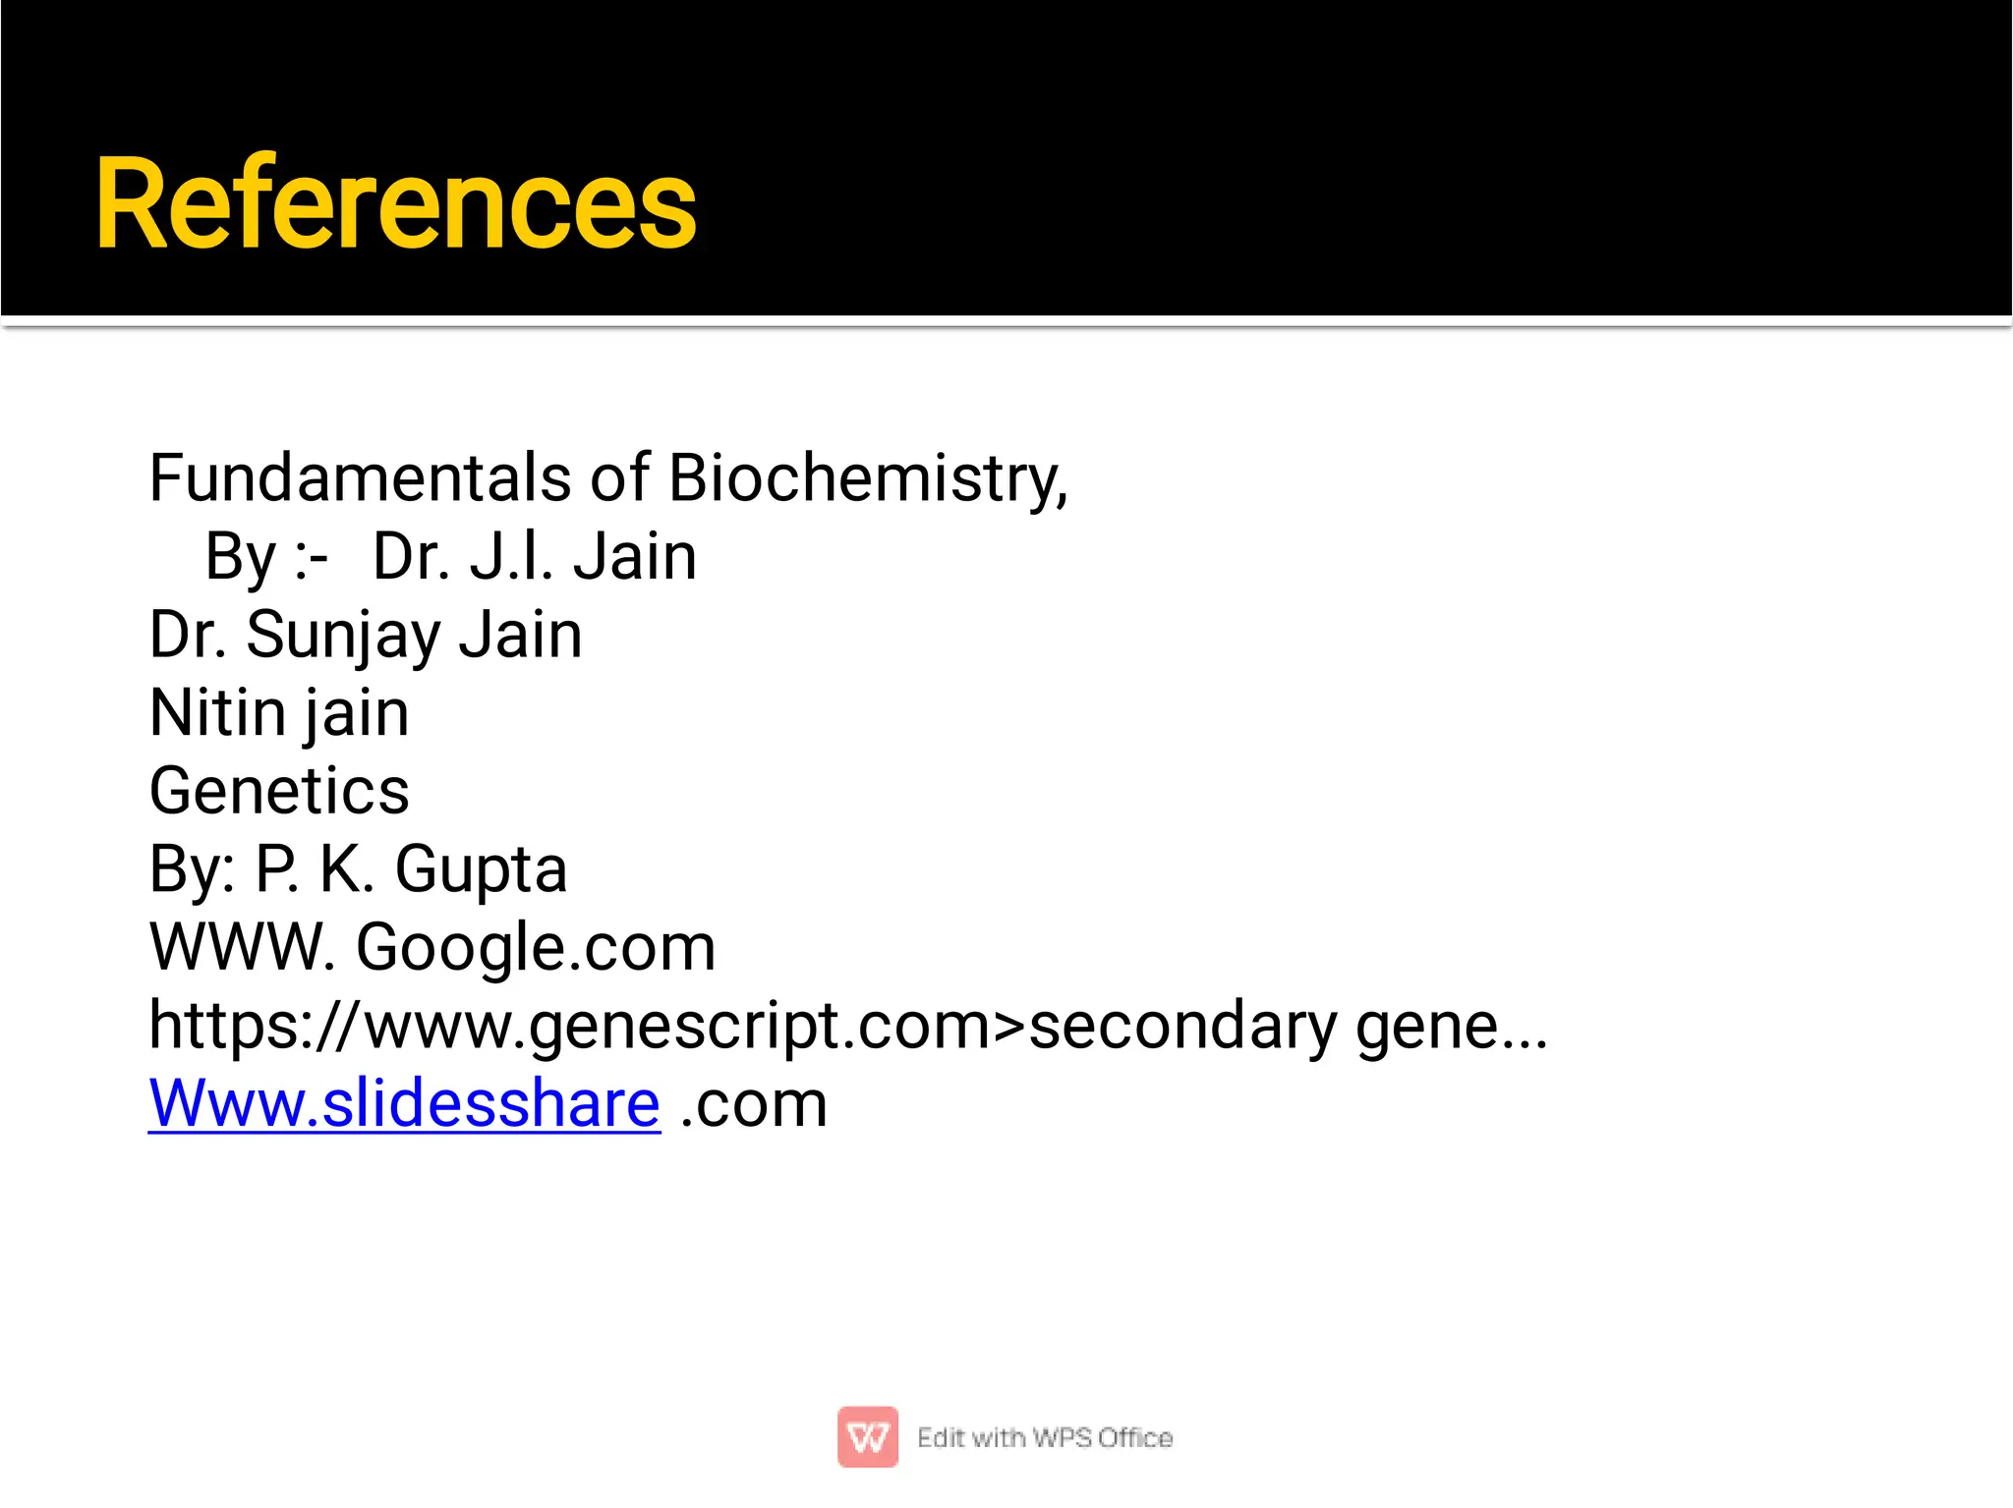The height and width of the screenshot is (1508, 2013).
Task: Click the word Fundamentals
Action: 360,478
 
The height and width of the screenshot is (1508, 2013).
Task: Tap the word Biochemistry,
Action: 867,478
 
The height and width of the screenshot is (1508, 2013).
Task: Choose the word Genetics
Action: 279,791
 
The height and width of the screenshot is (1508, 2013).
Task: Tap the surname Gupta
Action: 481,869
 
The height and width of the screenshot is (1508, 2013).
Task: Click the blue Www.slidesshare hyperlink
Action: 404,1103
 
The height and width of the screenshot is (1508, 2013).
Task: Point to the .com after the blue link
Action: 754,1104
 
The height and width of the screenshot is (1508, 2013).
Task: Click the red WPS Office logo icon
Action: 867,1436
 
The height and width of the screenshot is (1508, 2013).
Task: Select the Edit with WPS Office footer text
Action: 1045,1437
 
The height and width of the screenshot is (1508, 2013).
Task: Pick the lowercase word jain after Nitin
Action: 356,713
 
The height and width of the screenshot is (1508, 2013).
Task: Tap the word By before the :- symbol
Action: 241,557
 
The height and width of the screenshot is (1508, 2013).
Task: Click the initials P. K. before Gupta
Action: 315,869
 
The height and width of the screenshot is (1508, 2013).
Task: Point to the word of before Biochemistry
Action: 619,478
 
